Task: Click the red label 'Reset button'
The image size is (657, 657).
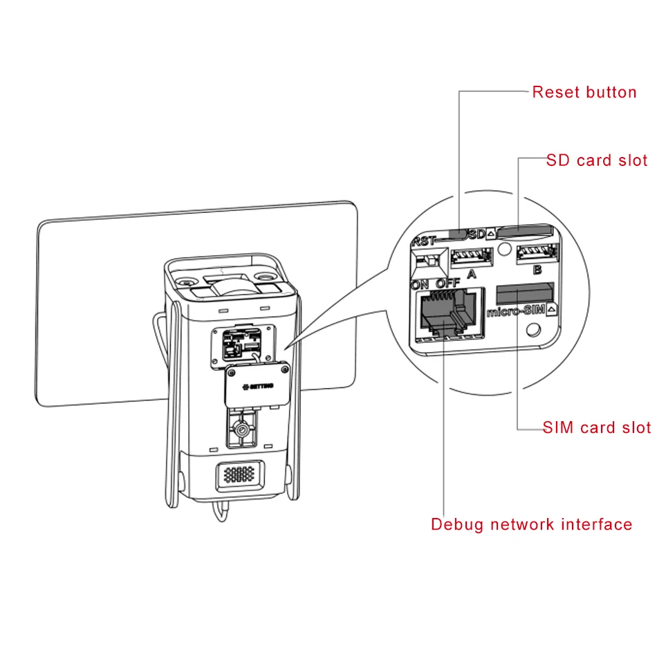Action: coord(584,92)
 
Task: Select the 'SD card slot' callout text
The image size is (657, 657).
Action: coord(597,160)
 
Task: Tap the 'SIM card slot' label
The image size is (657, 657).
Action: coord(597,427)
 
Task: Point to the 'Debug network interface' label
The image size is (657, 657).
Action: coord(531,525)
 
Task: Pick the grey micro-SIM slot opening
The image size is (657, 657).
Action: coord(525,293)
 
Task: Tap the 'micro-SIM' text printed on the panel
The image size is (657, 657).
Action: coord(516,311)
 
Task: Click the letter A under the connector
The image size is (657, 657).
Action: coord(472,274)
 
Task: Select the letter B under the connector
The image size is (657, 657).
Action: coord(537,270)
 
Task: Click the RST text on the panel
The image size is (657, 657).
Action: coord(424,241)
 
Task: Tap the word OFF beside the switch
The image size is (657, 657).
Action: coord(448,284)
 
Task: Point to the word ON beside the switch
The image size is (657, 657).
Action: coord(420,285)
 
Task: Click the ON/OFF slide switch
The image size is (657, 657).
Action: coord(429,262)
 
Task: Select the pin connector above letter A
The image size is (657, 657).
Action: coord(472,257)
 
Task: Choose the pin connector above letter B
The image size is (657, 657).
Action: coord(537,253)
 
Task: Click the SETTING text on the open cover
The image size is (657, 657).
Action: coord(259,387)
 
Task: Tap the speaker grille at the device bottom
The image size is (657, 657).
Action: coord(240,474)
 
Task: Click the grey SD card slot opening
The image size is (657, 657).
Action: coord(524,230)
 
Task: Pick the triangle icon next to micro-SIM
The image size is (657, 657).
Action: coord(551,310)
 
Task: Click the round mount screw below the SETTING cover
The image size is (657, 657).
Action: coord(241,430)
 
